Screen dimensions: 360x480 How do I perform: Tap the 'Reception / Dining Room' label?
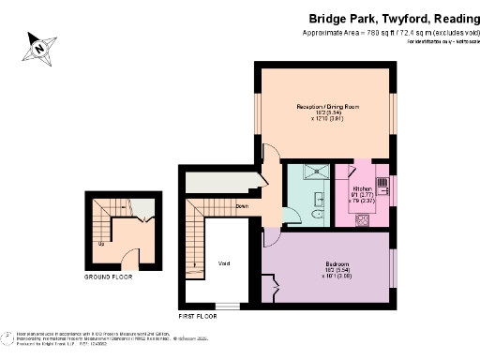327,108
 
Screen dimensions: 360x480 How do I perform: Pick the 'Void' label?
224,263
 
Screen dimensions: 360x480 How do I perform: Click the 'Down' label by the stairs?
242,205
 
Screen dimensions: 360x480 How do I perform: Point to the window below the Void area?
227,307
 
